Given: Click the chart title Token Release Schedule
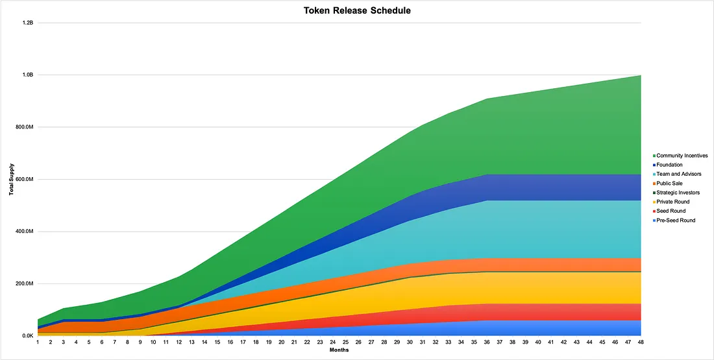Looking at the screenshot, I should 356,10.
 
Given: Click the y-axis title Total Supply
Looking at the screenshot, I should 12,180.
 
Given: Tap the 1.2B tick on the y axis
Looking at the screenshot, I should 27,23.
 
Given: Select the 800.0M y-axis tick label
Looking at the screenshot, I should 23,127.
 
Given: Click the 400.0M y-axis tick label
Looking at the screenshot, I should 23,232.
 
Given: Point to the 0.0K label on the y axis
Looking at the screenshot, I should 27,336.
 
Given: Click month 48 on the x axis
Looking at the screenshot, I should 641,342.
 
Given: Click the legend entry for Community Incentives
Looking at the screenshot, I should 682,156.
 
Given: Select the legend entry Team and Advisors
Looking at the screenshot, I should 678,174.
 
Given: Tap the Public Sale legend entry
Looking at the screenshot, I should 670,184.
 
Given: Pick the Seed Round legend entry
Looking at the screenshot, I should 671,211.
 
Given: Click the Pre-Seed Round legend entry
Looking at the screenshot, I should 676,221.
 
